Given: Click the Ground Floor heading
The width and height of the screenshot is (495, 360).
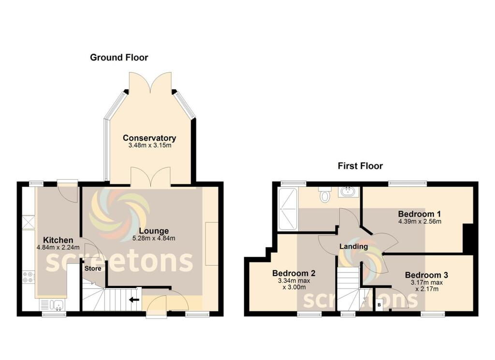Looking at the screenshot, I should coord(119,58).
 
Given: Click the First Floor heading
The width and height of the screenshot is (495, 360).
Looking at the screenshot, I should coord(360,166).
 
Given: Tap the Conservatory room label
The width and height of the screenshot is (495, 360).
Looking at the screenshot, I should coord(149,138).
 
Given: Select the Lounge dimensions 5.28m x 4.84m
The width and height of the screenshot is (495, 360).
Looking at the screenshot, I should coord(154,238).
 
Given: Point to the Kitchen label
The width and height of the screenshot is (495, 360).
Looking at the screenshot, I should coord(58,240).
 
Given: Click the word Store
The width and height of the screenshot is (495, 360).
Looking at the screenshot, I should coord(92,268).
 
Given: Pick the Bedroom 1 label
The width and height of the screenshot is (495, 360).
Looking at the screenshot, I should coord(420,214).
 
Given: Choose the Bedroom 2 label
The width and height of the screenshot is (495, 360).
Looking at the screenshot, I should coord(293,272).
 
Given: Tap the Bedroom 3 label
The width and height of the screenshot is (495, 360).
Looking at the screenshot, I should coord(426,275).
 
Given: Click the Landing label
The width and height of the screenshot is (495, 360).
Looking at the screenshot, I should coord(353,246).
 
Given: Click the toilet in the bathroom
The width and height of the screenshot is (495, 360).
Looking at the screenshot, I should coord(325,194).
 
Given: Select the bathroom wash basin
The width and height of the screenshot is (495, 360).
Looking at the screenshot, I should coord(348,192).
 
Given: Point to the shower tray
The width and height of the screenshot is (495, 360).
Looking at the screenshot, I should coord(288,209).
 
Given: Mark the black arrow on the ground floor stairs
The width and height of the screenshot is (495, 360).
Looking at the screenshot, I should coord(134,300).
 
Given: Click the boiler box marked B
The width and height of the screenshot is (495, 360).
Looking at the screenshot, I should coord(379,305).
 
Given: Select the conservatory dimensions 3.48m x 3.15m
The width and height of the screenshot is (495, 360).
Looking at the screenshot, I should coord(149,145).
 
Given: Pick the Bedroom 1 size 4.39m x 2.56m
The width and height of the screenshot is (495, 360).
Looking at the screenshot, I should coord(420,222).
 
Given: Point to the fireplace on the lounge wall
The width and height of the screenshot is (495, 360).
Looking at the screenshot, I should coord(211,244).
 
